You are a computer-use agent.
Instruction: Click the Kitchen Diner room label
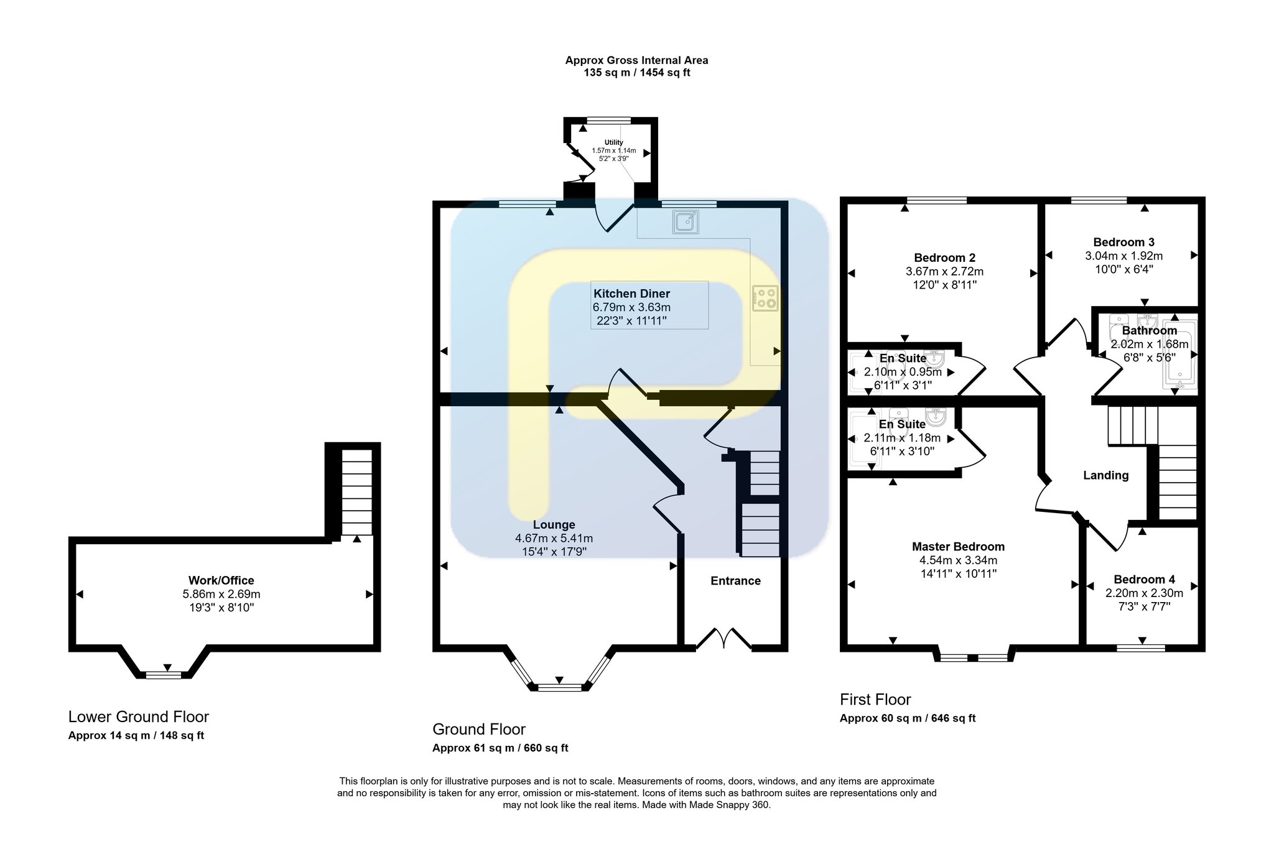631,294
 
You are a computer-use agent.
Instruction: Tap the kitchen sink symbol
686,222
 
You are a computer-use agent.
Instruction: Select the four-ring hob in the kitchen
765,298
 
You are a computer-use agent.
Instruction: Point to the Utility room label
613,143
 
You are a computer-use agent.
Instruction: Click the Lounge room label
554,525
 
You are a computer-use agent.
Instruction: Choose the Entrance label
735,581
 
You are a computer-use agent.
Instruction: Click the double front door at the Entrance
723,639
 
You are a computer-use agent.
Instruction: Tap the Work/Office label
221,581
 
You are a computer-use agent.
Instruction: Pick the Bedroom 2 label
944,258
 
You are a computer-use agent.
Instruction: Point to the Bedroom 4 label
1144,580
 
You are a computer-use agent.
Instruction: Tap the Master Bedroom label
958,547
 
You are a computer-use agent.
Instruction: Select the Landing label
1105,476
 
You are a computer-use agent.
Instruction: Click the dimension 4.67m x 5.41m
554,539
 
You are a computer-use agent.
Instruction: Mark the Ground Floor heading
479,729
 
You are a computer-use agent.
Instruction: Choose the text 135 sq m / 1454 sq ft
636,73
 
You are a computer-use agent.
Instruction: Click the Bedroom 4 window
1141,647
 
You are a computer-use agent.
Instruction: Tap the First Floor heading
875,700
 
